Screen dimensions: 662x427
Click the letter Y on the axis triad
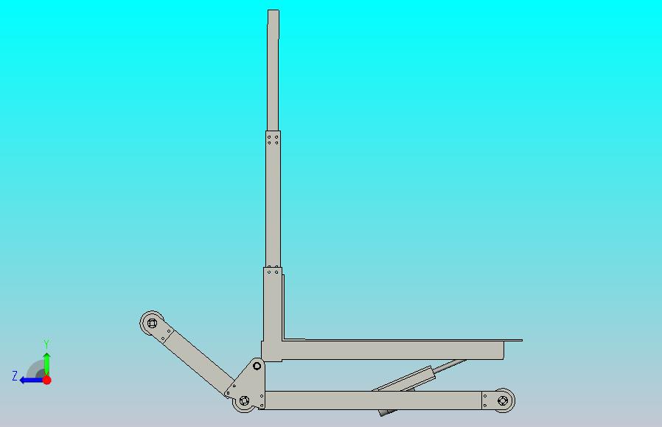click(47, 344)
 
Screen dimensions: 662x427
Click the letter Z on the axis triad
click(15, 376)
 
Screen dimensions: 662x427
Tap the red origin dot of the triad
click(47, 380)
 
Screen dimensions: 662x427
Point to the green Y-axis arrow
click(47, 364)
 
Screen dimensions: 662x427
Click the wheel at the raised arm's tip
click(152, 324)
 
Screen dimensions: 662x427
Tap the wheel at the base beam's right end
click(503, 400)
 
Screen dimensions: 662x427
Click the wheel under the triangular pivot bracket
click(244, 400)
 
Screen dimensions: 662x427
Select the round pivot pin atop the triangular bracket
click(257, 366)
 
